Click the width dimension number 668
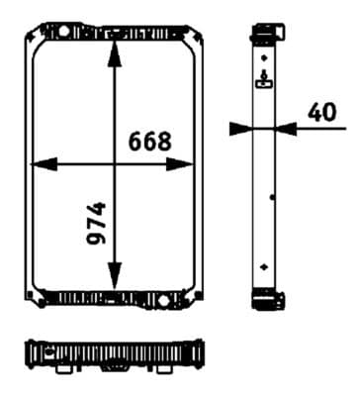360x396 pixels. [150, 142]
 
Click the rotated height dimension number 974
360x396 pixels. [95, 226]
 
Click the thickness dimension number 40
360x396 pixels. [322, 112]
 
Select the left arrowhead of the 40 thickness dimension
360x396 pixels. [239, 127]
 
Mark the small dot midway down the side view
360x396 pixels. [271, 197]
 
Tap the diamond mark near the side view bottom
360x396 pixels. [263, 266]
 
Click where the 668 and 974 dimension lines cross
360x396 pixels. [116, 162]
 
